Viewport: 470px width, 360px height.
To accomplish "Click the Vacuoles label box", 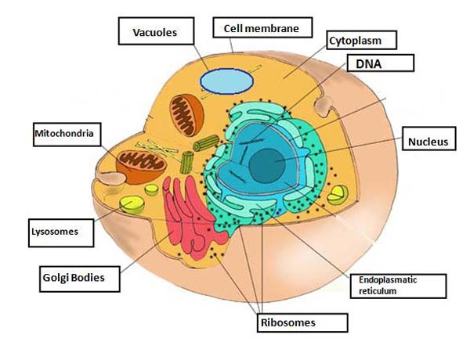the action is coord(156,31).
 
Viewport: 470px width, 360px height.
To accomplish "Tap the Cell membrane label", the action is coord(262,27).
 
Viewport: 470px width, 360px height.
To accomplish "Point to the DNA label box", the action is coord(381,63).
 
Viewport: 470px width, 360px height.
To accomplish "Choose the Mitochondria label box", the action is coord(67,135).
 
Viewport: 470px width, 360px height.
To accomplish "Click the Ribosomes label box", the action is coord(302,323).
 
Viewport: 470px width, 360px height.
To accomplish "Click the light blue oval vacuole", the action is coord(227,81).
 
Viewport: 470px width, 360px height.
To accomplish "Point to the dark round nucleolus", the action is coord(267,166).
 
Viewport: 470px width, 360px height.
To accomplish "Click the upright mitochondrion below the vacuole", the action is coord(186,115).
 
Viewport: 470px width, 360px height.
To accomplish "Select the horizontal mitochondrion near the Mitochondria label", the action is coord(141,167).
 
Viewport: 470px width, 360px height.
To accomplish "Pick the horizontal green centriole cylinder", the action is coord(206,143).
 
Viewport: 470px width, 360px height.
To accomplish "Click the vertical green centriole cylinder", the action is coord(186,162).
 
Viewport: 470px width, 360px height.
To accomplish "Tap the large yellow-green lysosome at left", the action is coord(132,204).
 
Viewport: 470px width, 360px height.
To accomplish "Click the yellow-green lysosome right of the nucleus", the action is coord(338,195).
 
